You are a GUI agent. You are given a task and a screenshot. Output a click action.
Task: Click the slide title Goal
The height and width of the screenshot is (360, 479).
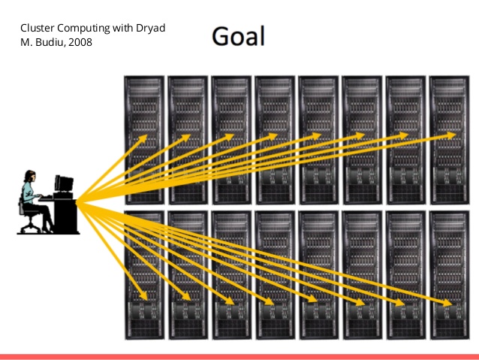click(x=238, y=36)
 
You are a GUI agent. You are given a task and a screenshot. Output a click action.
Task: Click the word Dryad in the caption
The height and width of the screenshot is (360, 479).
click(x=151, y=28)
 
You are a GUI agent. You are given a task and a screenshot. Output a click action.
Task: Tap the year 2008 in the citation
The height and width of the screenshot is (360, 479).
click(x=80, y=42)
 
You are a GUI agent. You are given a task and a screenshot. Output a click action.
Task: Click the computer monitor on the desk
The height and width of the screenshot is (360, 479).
click(x=64, y=184)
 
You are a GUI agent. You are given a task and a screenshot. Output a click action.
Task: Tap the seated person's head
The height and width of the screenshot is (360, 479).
click(x=30, y=176)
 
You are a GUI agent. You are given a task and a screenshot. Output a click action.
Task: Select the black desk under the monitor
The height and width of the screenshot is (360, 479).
click(x=65, y=216)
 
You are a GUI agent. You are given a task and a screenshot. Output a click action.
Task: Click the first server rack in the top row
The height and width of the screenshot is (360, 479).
click(x=144, y=140)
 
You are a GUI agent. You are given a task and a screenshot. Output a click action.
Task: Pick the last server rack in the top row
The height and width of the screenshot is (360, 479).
click(x=449, y=140)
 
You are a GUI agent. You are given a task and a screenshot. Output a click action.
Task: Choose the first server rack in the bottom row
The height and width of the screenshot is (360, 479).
click(x=144, y=275)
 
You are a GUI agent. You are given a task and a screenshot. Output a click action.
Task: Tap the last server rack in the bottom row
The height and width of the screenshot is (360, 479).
click(x=449, y=275)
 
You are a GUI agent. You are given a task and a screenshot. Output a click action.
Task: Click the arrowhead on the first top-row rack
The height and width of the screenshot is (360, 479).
click(x=143, y=139)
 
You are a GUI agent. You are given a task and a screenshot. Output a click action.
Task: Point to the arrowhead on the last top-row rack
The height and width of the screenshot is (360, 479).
click(x=450, y=135)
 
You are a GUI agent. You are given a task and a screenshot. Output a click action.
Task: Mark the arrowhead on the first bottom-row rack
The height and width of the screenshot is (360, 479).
click(x=143, y=295)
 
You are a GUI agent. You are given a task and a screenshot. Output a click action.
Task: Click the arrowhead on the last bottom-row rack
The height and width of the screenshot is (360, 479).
click(x=447, y=302)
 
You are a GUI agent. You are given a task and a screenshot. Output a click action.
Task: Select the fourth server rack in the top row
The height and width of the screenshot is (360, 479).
click(x=275, y=140)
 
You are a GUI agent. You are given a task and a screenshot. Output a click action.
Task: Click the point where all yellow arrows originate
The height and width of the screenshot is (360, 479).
click(x=77, y=201)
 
